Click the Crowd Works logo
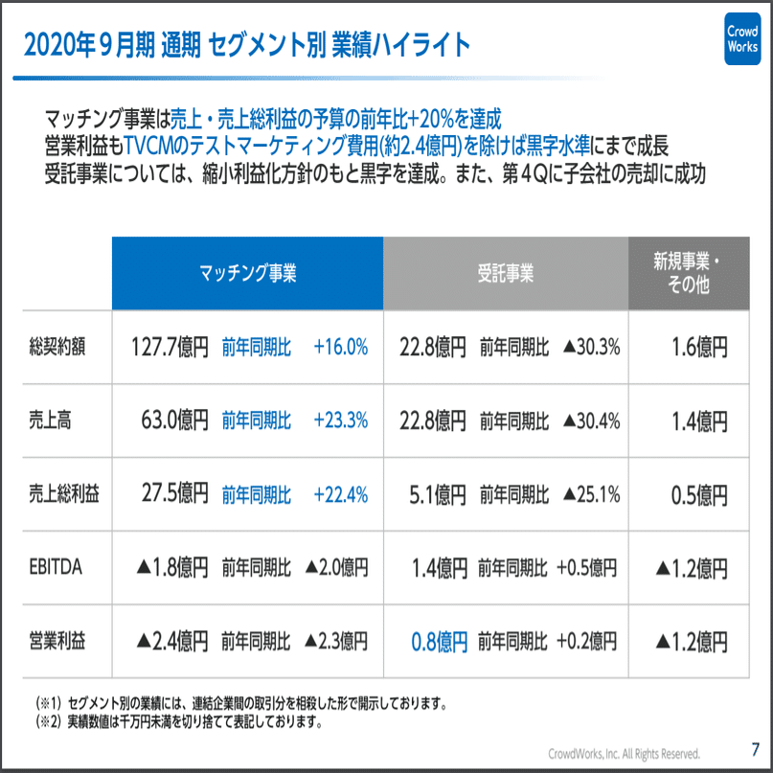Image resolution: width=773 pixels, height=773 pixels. (741, 39)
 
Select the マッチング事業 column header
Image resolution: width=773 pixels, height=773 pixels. (247, 272)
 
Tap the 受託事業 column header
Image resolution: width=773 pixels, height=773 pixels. (505, 272)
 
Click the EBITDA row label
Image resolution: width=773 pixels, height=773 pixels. (57, 568)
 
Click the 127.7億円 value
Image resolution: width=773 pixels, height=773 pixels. (170, 347)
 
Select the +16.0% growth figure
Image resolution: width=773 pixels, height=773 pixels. (340, 347)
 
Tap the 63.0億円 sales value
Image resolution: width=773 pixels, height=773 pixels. (173, 421)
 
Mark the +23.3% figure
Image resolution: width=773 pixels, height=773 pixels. (340, 421)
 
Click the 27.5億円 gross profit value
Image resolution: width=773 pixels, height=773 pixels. (173, 494)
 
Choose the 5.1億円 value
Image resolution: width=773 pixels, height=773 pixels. (437, 494)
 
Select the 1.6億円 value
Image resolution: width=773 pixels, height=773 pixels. (699, 347)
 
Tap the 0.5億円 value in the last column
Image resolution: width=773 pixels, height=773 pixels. (699, 494)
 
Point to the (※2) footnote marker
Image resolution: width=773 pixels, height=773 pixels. (49, 719)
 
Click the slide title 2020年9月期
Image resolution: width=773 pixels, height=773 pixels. (78, 45)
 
